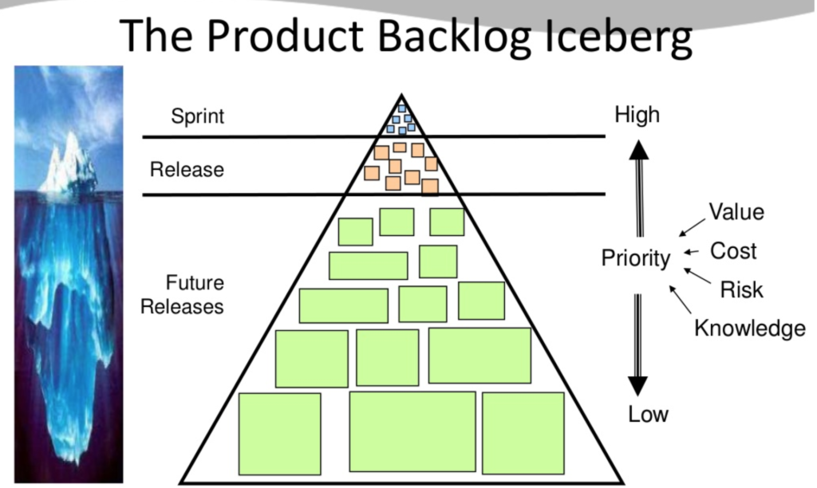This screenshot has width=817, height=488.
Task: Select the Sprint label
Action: click(198, 116)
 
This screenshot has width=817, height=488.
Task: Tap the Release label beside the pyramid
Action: click(187, 170)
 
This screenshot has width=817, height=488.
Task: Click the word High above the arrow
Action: click(637, 115)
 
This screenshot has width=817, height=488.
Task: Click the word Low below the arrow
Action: click(648, 415)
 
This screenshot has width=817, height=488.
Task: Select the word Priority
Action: click(635, 259)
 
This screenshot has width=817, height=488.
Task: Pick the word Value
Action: click(736, 212)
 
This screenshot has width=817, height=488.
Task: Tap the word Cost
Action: click(733, 251)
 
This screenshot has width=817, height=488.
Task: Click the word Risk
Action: click(741, 289)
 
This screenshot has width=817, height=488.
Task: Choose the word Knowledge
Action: click(749, 328)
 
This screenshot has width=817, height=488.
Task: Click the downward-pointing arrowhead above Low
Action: click(638, 385)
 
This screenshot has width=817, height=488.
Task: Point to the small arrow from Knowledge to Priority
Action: click(680, 300)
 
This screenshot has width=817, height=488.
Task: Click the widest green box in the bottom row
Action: click(412, 431)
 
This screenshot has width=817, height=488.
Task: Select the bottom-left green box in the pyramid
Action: click(280, 434)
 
